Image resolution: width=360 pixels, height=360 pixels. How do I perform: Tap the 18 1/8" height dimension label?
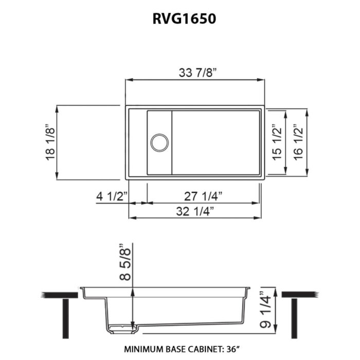click(x=50, y=142)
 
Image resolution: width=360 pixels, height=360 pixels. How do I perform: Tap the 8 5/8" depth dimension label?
click(x=123, y=262)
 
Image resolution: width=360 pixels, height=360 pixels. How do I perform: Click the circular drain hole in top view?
click(x=159, y=142)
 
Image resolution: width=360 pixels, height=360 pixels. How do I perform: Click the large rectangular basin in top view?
click(x=216, y=142)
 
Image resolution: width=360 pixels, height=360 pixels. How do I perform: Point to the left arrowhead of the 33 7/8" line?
click(x=129, y=80)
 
